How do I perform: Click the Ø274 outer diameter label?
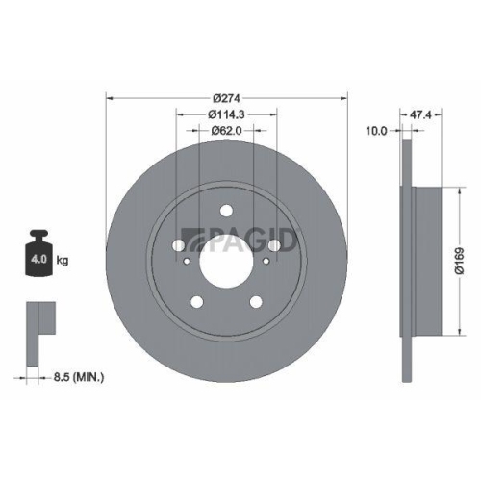226,98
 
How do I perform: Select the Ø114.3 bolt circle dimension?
226,114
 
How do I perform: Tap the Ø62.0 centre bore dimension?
226,132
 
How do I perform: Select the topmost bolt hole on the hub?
227,211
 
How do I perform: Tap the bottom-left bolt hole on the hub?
198,302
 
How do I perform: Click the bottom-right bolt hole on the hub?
256,302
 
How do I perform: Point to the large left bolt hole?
180,246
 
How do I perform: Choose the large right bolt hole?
274,246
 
